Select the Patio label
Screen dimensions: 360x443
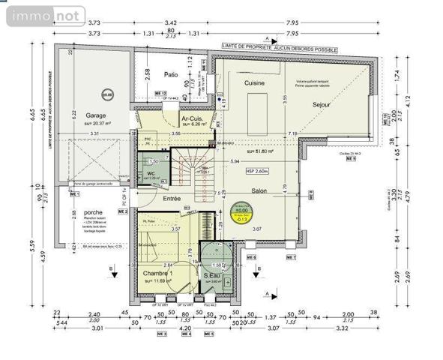(x=170, y=74)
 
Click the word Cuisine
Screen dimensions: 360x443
(x=256, y=82)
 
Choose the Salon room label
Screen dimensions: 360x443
(x=260, y=190)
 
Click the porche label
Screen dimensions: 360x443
(x=94, y=212)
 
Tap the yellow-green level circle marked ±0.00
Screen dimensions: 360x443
(x=241, y=212)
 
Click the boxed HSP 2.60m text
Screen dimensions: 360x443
(x=258, y=172)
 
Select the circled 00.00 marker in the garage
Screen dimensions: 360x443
(x=107, y=95)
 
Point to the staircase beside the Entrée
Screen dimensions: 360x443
(x=194, y=172)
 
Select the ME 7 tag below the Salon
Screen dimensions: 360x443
(x=293, y=257)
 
